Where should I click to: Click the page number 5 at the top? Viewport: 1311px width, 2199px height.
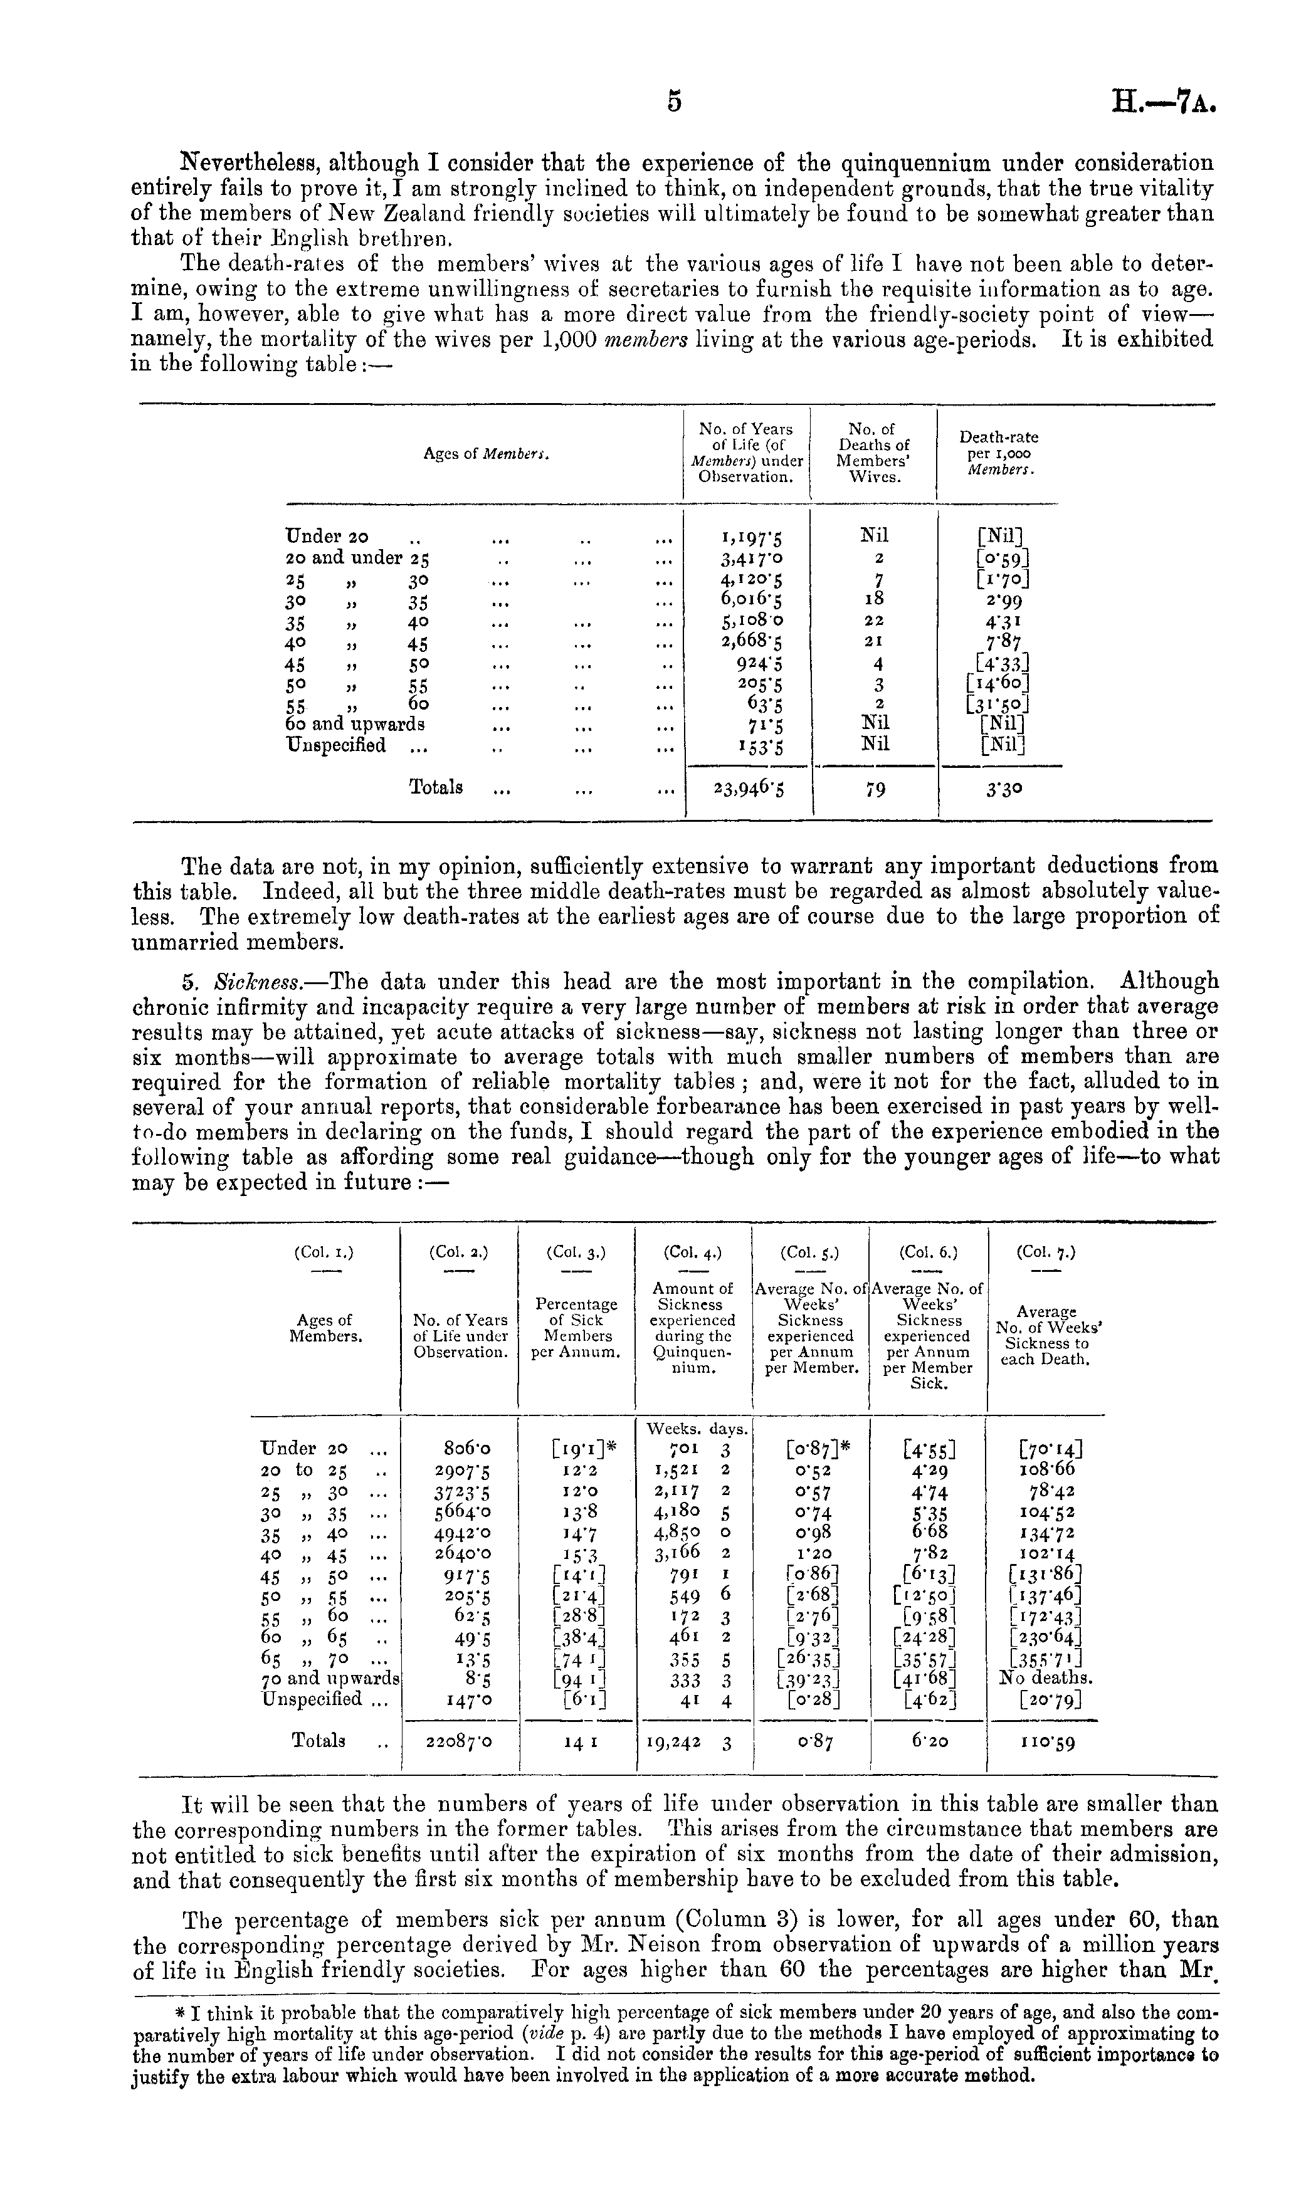pos(674,103)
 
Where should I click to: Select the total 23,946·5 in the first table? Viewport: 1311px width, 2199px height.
pos(747,787)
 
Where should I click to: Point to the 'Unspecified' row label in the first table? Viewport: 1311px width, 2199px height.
pos(337,745)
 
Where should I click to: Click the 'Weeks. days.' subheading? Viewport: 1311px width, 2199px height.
pos(698,1428)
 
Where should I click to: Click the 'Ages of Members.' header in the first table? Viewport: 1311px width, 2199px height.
pos(487,454)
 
